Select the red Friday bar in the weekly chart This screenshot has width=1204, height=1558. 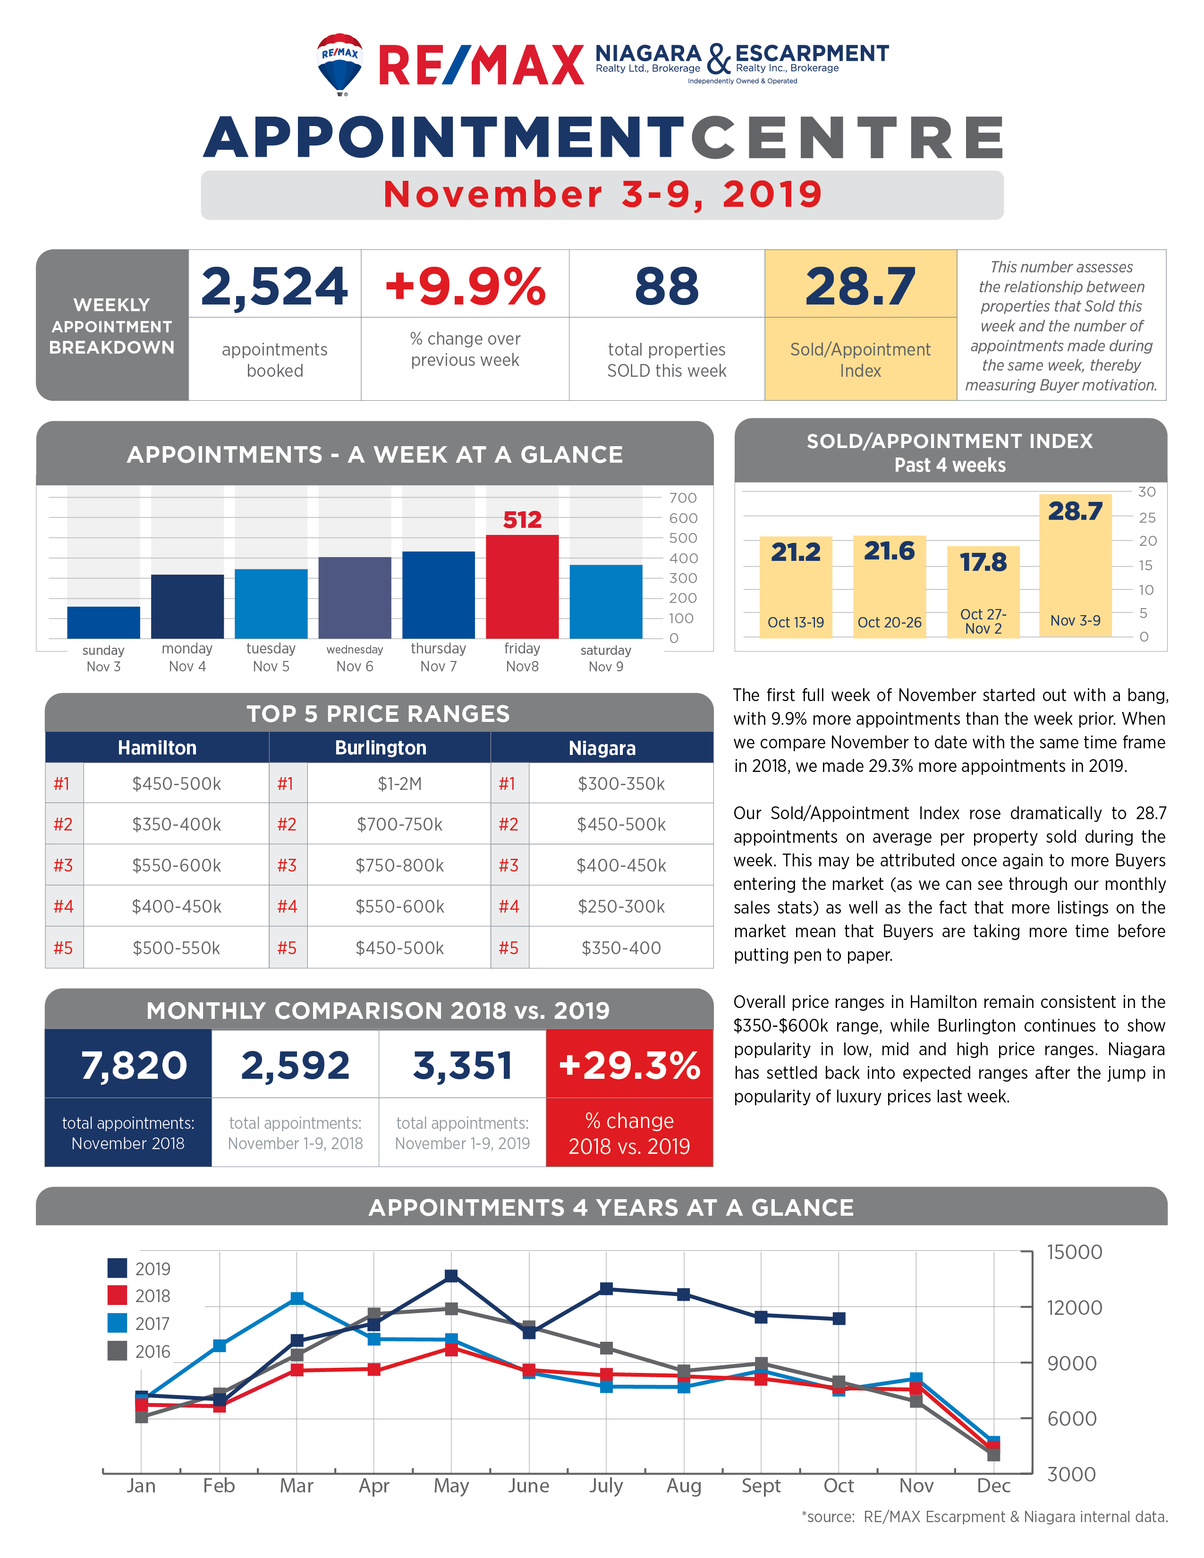(x=522, y=586)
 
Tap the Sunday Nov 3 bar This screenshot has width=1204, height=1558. (x=103, y=622)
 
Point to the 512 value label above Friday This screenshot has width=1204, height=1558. (x=522, y=519)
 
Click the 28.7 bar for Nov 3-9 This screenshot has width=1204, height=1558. (x=1076, y=565)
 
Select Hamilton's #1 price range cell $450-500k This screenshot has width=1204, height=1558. (x=176, y=783)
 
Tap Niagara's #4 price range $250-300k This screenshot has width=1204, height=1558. (x=621, y=906)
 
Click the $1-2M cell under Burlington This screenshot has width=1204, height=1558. (x=399, y=783)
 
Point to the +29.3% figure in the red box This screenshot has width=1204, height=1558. (x=629, y=1065)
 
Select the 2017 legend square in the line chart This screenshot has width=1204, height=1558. (x=117, y=1322)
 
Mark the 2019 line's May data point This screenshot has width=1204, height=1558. (x=451, y=1276)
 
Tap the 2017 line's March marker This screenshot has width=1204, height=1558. (x=297, y=1298)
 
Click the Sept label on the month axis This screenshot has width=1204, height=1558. (x=761, y=1486)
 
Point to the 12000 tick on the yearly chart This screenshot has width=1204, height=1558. (x=1074, y=1308)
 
